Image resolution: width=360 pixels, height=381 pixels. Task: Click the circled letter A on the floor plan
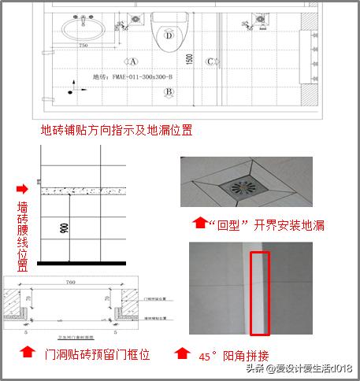(x=134, y=61)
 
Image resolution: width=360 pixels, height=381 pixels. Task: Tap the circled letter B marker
(x=168, y=91)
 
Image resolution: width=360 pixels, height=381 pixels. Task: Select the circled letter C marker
(x=210, y=61)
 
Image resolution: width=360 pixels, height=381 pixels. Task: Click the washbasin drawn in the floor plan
(x=81, y=30)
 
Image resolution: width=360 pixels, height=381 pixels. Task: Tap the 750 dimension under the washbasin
(x=83, y=46)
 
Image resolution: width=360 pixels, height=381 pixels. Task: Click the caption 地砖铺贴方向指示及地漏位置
(x=117, y=129)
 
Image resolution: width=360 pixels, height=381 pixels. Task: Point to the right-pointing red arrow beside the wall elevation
(x=21, y=189)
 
